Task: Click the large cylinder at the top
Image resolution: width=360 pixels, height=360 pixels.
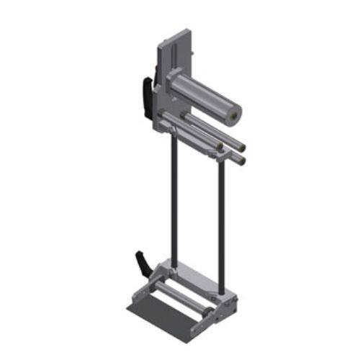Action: tap(205, 97)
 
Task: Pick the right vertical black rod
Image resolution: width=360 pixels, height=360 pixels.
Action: tap(220, 216)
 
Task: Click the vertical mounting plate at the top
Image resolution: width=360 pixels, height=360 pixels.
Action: tap(176, 50)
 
